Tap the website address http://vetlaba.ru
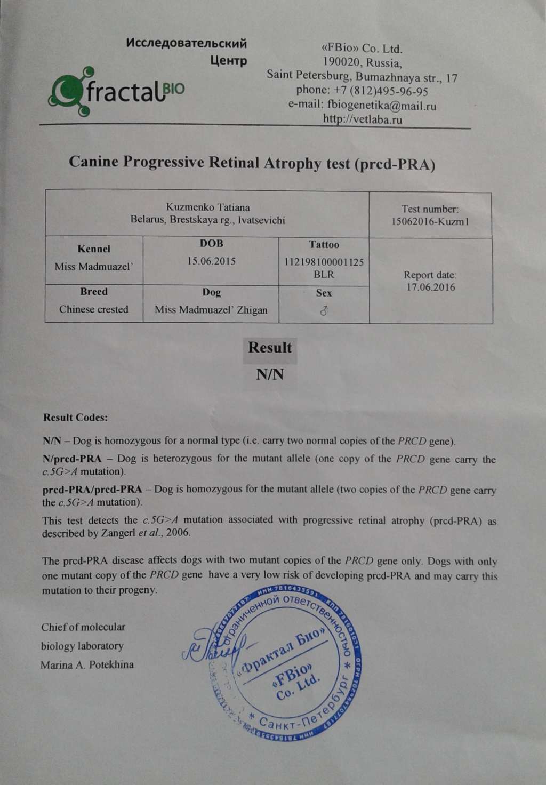click(363, 119)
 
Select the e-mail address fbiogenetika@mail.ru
click(383, 105)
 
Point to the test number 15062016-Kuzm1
click(430, 221)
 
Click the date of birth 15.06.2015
click(211, 261)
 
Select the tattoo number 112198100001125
click(324, 262)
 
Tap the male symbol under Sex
click(324, 310)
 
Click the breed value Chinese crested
click(94, 309)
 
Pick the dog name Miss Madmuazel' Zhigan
click(211, 310)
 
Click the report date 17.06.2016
click(430, 287)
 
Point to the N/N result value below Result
click(270, 374)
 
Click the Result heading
click(270, 348)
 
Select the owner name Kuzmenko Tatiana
click(207, 207)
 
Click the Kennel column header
click(94, 249)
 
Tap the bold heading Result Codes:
click(75, 417)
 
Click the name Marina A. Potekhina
click(87, 665)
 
